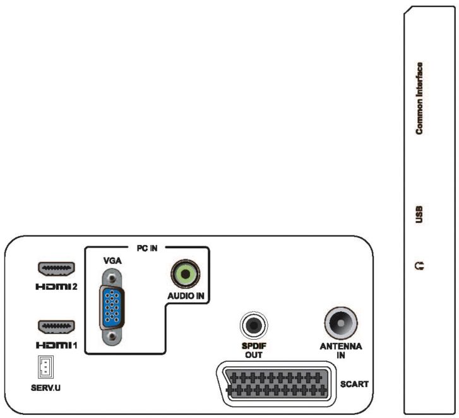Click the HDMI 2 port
point(57,269)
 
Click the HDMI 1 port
point(57,327)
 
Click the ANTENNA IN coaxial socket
point(340,323)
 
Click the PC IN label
point(147,248)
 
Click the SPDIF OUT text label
point(254,350)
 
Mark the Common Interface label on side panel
point(419,98)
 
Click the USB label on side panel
point(419,214)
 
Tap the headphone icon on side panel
point(419,266)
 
